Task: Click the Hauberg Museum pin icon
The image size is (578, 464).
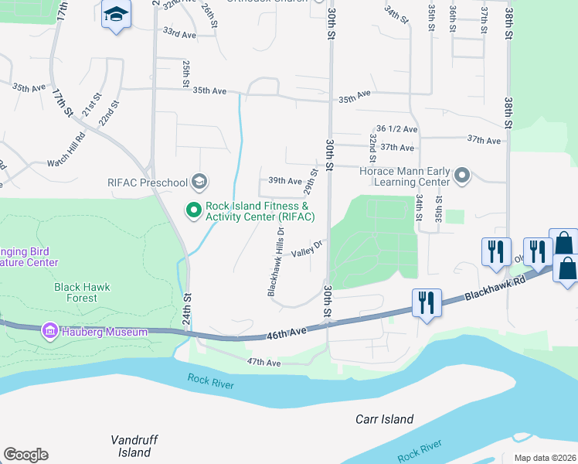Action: [51, 332]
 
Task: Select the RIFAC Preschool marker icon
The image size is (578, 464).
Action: [199, 183]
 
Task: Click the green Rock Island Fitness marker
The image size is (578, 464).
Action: [192, 209]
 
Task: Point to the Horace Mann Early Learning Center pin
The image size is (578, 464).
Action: [462, 176]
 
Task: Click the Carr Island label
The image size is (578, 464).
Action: [384, 420]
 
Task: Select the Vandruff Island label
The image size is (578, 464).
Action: [134, 445]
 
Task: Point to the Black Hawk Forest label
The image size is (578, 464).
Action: [82, 292]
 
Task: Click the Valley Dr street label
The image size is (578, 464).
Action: [306, 250]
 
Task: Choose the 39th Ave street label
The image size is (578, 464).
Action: [284, 181]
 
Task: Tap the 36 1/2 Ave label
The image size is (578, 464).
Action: [396, 129]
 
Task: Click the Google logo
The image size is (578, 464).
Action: [25, 455]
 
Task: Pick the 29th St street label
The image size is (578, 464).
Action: [310, 183]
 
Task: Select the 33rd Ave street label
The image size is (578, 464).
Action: [179, 33]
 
